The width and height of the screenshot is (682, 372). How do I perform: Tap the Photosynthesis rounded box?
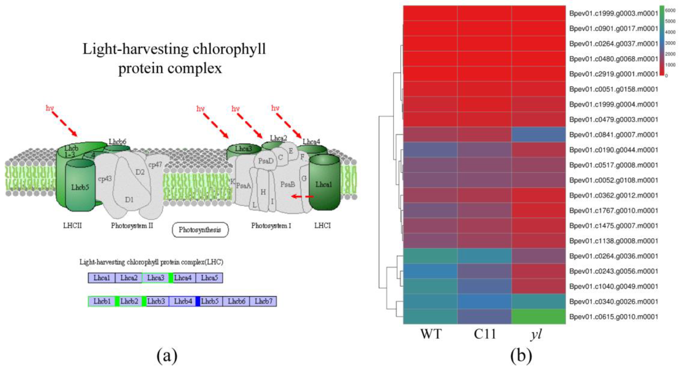point(200,230)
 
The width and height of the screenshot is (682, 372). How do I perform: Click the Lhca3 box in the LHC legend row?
point(156,278)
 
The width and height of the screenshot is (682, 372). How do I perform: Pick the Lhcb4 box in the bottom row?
point(183,301)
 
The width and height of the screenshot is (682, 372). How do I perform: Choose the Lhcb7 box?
point(263,301)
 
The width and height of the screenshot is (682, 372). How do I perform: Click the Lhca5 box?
point(209,278)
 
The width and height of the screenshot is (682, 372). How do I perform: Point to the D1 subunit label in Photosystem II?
point(129,199)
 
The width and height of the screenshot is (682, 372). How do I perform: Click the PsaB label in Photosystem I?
point(288,184)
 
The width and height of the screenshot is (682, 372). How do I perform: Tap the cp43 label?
point(105,179)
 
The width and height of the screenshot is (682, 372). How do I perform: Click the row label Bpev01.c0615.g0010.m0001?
point(613,317)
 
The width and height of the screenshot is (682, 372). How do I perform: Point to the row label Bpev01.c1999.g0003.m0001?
point(613,13)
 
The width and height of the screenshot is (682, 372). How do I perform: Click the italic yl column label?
point(536,334)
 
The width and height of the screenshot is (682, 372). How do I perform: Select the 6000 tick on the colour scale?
point(670,10)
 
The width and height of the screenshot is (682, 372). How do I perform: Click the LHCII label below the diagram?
point(72,225)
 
